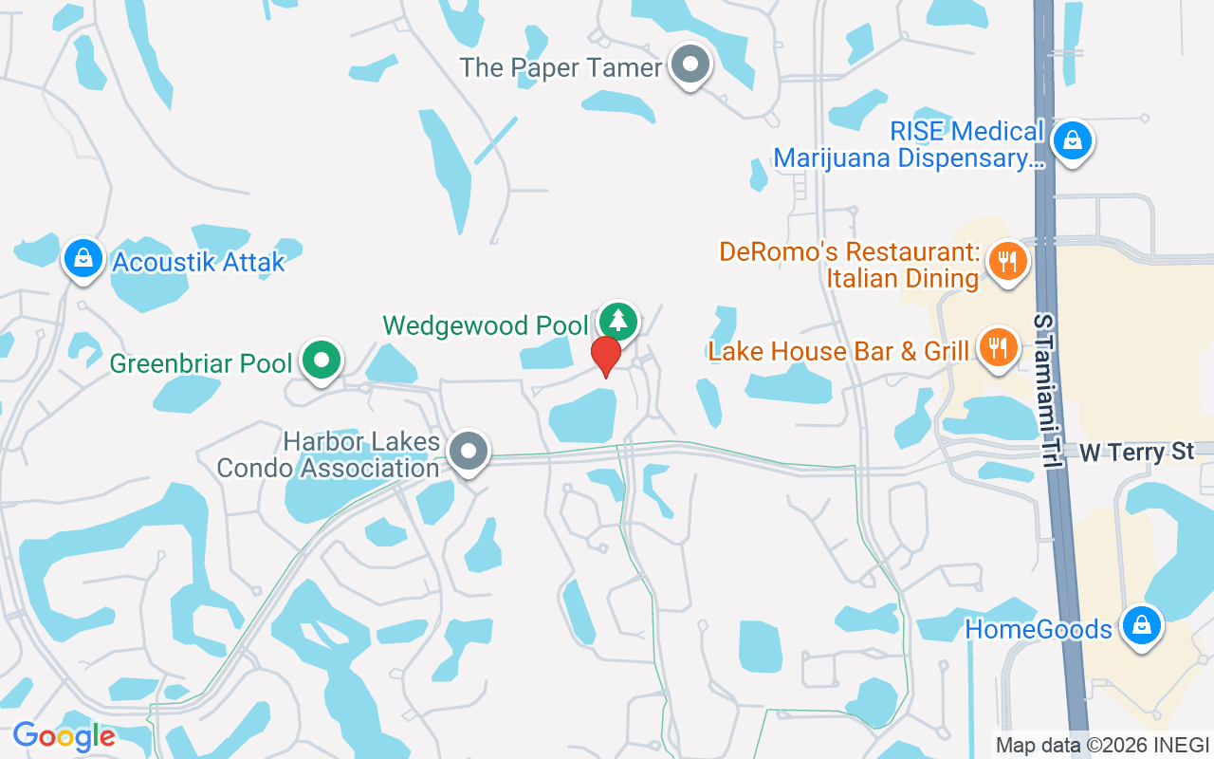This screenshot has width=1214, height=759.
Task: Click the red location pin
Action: click(605, 356)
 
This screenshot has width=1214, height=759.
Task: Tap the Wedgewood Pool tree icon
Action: click(619, 321)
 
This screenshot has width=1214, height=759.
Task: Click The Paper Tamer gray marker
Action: click(691, 65)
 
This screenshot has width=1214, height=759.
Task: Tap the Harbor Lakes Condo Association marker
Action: click(469, 451)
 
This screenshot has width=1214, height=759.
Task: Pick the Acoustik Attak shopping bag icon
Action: click(83, 258)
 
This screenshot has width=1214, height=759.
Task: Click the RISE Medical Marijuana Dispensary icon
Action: click(1072, 140)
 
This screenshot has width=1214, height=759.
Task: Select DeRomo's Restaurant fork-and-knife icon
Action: click(1007, 260)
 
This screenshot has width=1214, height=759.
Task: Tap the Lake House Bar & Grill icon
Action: click(997, 347)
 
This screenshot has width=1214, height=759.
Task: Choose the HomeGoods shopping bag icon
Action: click(1141, 625)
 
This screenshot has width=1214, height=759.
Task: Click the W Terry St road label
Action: click(1136, 452)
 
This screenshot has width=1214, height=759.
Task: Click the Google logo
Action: click(64, 736)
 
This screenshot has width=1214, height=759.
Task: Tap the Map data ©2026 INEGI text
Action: click(1102, 745)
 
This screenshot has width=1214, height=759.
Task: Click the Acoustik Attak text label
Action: click(198, 262)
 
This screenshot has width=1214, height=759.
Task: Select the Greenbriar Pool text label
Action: click(201, 363)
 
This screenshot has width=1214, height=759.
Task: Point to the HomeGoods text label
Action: click(1039, 629)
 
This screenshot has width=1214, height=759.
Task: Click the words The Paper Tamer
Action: click(561, 68)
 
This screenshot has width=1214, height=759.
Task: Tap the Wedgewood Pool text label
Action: click(486, 325)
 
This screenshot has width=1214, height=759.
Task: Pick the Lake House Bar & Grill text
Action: click(838, 351)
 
